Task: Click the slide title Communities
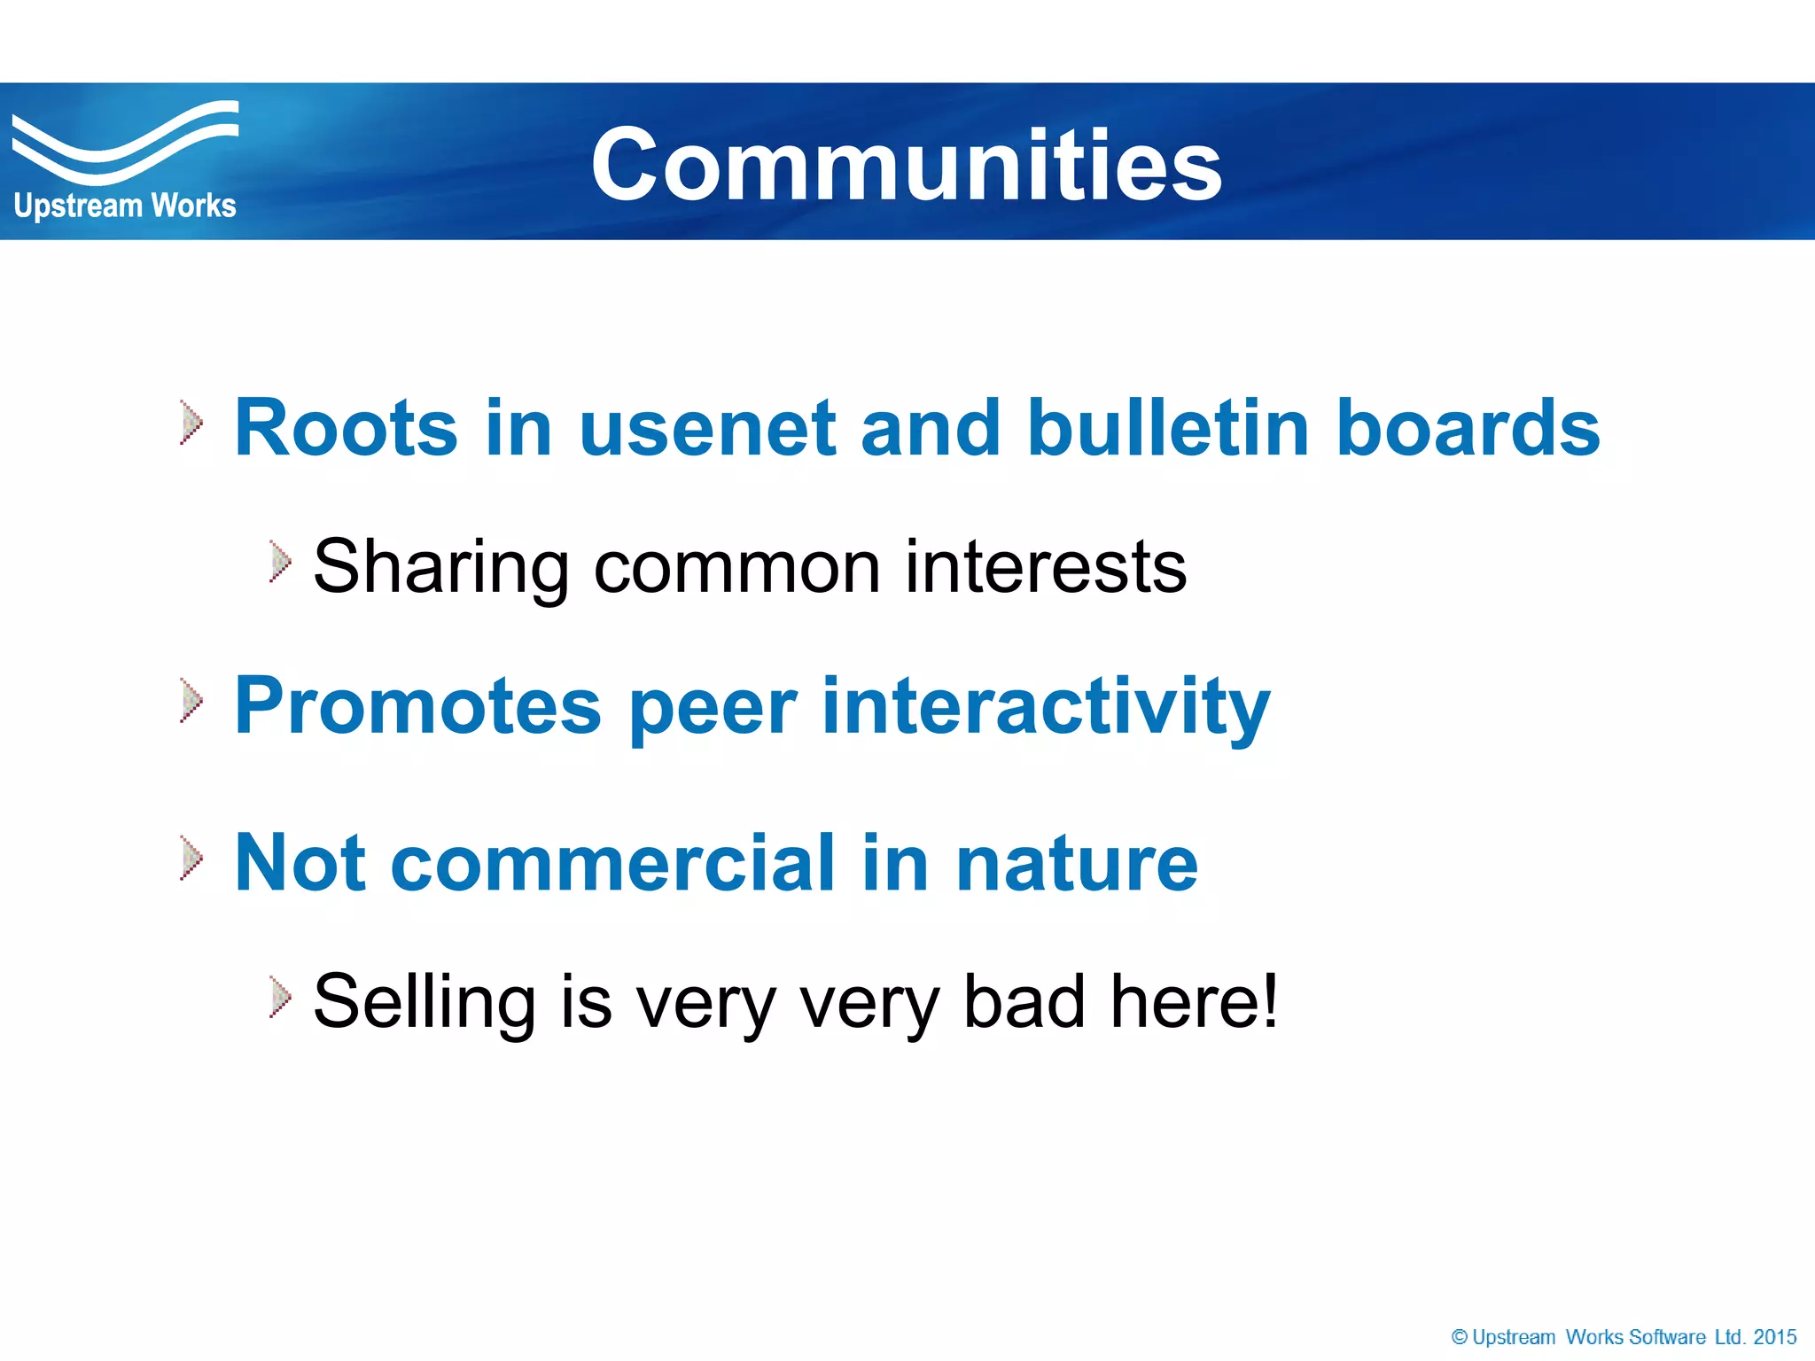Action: click(x=906, y=165)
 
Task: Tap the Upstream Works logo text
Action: click(x=125, y=206)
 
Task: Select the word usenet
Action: click(x=707, y=428)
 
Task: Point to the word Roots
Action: click(x=346, y=428)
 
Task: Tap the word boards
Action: click(x=1467, y=428)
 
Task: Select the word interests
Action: click(x=1045, y=568)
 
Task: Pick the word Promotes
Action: click(x=417, y=706)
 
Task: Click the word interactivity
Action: click(x=1046, y=706)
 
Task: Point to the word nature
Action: click(x=1076, y=863)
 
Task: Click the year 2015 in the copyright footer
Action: click(x=1774, y=1337)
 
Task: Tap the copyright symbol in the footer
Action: click(x=1460, y=1337)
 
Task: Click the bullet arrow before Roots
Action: click(x=191, y=422)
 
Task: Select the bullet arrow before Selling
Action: click(x=280, y=997)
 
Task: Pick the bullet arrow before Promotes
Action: click(x=191, y=701)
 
